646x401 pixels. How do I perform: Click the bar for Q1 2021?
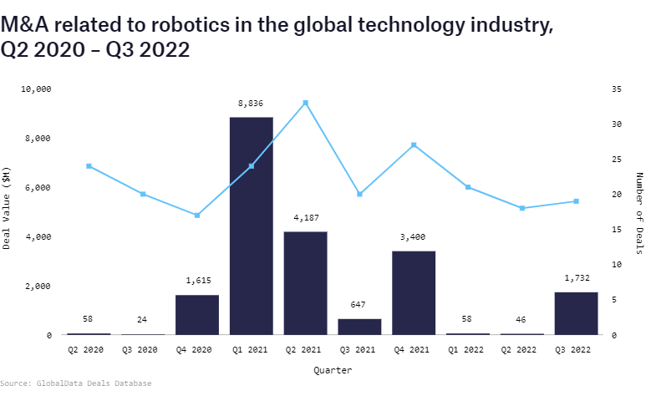(251, 226)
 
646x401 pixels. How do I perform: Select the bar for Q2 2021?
(305, 283)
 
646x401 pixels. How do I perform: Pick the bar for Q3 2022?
(576, 313)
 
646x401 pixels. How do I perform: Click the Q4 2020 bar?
(197, 315)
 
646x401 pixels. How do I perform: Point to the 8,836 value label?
(251, 104)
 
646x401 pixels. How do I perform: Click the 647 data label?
(359, 305)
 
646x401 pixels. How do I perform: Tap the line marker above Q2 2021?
(305, 103)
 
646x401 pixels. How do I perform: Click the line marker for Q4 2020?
(197, 216)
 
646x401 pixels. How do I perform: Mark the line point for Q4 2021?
(414, 145)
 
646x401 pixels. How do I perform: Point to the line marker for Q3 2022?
(576, 201)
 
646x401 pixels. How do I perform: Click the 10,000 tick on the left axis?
(36, 89)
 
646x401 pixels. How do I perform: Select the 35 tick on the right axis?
(617, 89)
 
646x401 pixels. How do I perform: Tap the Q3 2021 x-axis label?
(359, 350)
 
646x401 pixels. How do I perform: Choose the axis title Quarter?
(333, 369)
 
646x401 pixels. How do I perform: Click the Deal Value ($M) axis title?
(8, 208)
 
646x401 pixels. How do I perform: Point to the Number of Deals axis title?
(639, 212)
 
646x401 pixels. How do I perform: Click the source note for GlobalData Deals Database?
(76, 383)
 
